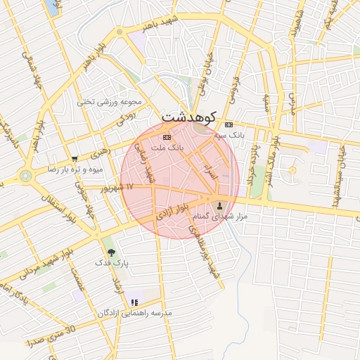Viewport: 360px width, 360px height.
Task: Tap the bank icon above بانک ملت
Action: [x=167, y=137]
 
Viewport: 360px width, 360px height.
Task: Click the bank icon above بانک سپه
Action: [x=229, y=124]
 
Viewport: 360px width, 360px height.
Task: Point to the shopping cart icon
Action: [x=75, y=159]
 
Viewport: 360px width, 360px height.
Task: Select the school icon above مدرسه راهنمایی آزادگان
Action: [x=134, y=303]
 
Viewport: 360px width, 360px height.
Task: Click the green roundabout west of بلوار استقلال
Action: [x=26, y=176]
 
